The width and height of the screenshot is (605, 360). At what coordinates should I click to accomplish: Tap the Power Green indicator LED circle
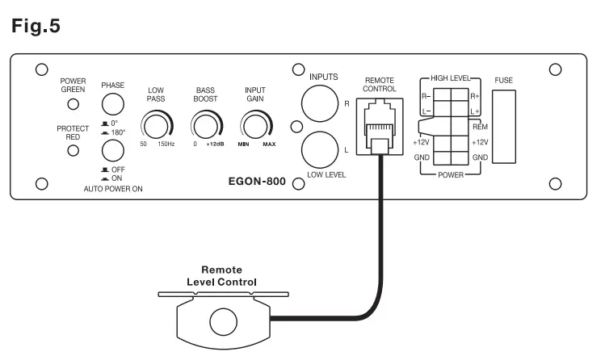[74, 104]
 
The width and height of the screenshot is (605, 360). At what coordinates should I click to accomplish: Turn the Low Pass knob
[156, 124]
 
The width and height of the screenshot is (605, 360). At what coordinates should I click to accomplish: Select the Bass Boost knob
[205, 124]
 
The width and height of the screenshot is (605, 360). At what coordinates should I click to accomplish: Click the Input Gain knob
[256, 124]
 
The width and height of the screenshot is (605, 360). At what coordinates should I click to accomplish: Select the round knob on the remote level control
[223, 321]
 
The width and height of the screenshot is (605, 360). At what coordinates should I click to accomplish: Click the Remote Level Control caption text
[221, 277]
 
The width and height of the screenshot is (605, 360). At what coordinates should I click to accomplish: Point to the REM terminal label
[479, 128]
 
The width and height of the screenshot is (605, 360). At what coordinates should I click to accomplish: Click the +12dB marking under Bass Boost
[214, 144]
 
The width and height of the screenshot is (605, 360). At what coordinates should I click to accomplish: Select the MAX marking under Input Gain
[269, 144]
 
